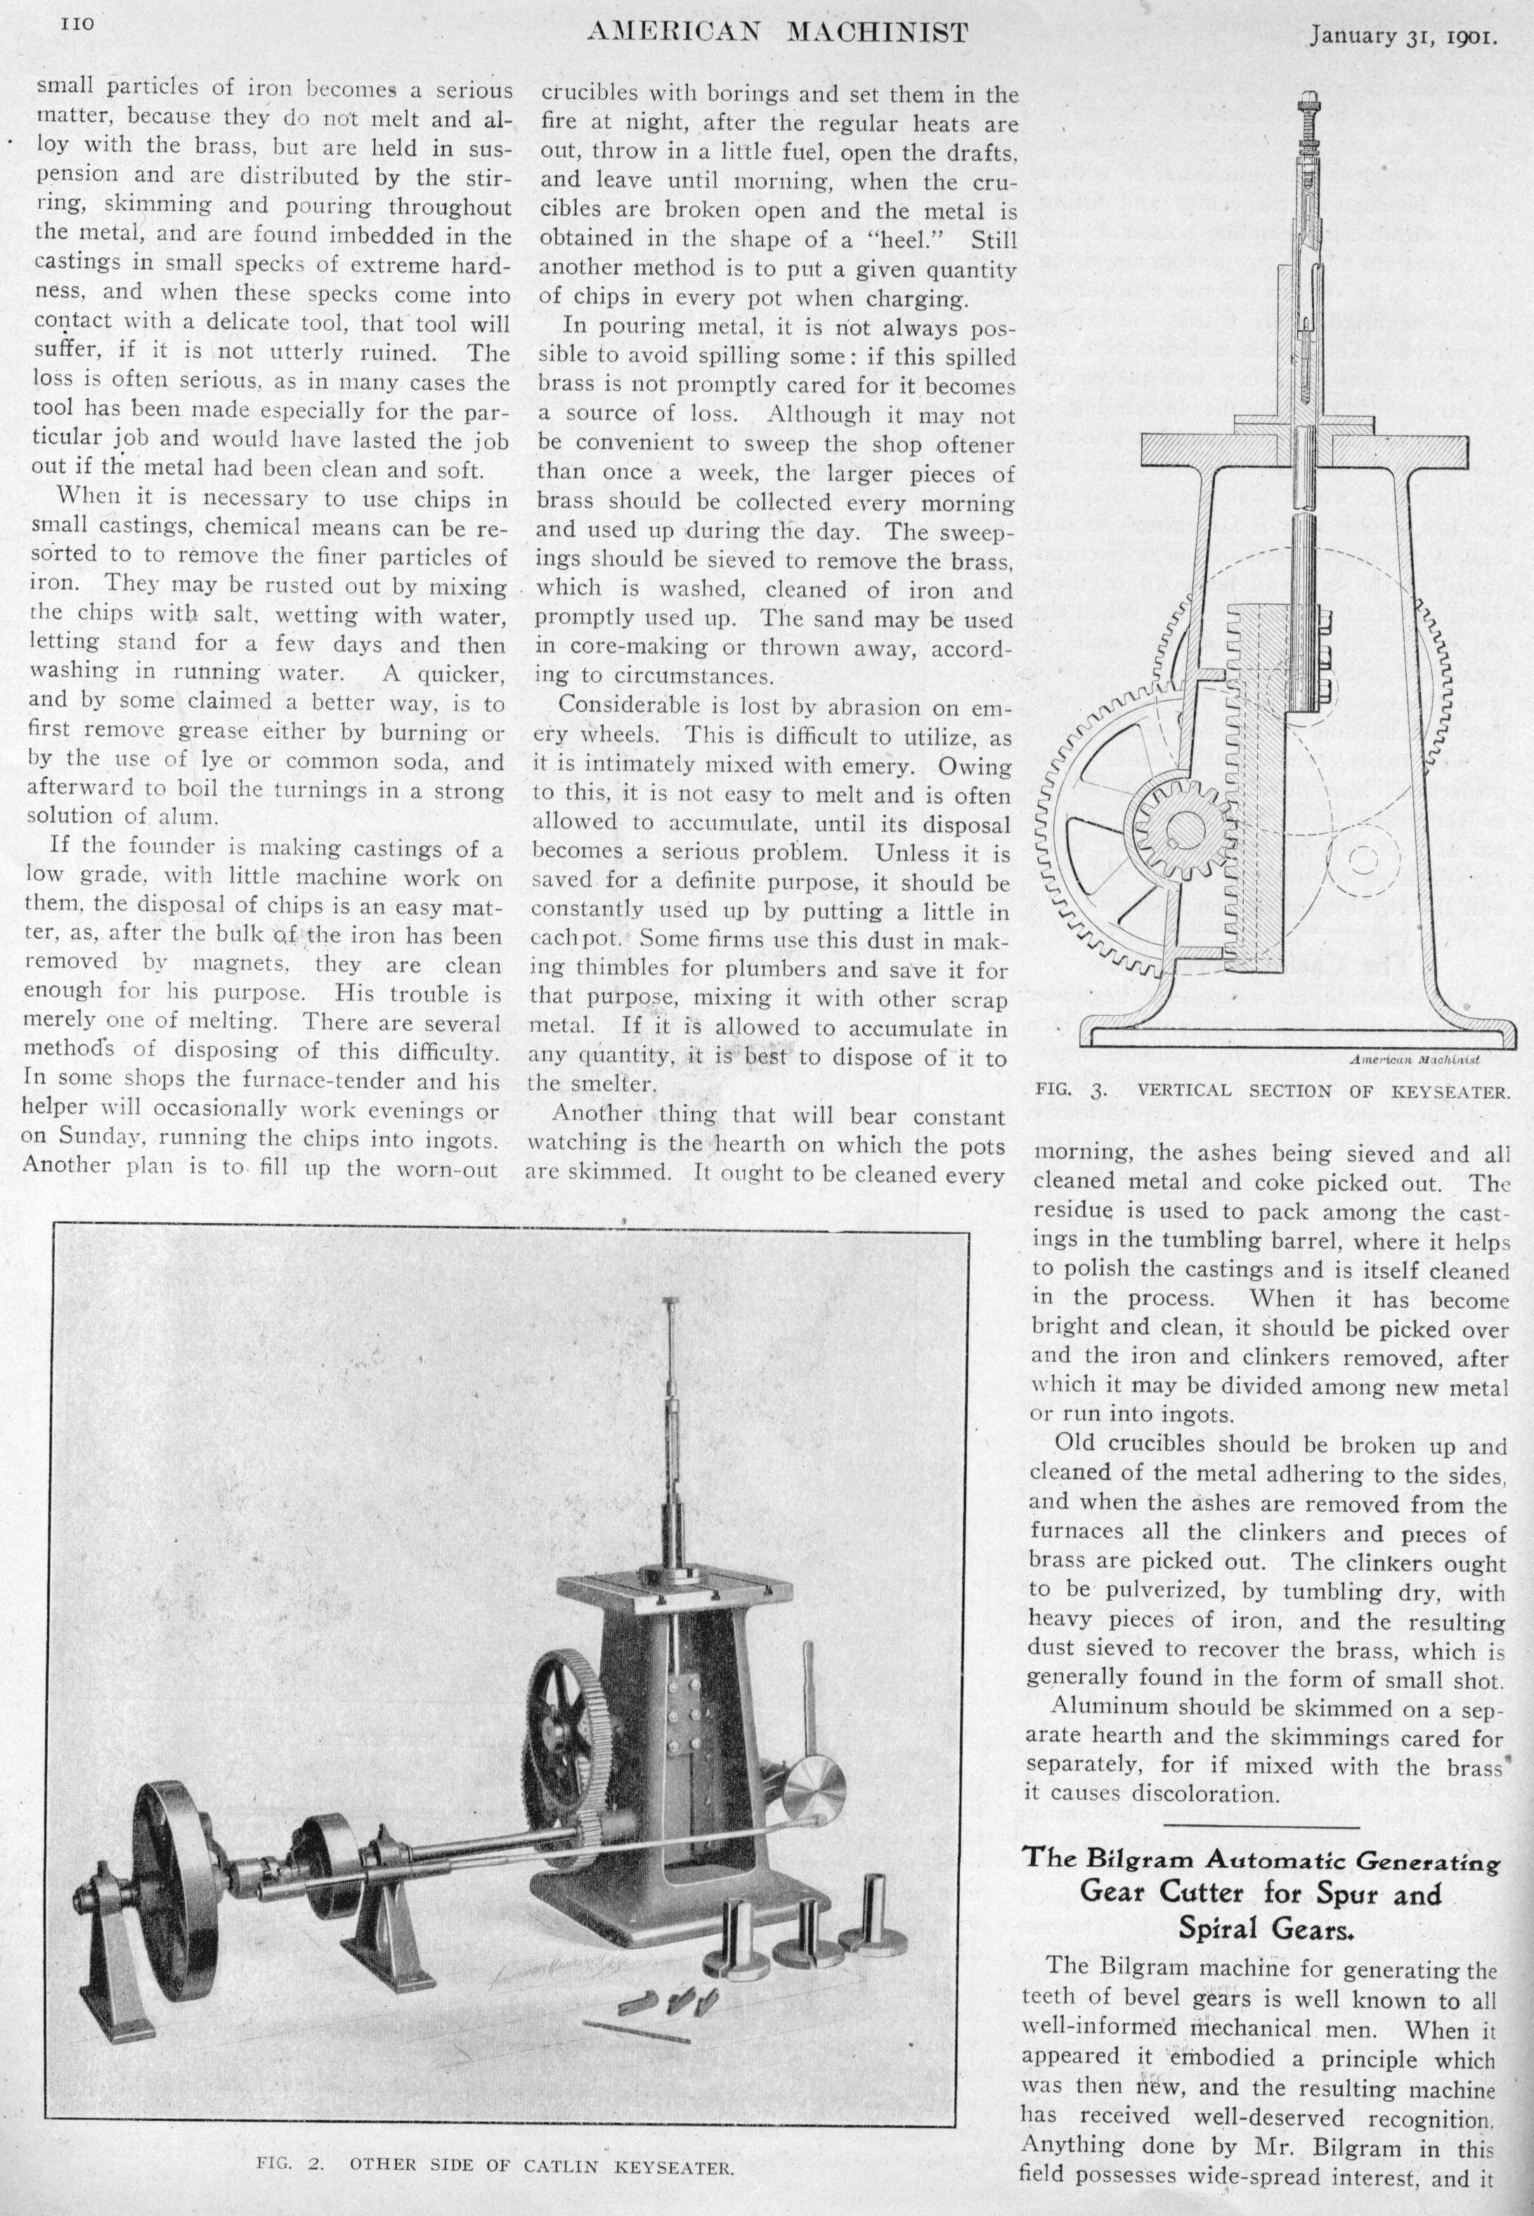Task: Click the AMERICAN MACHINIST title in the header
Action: point(776,34)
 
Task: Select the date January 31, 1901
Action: point(1403,37)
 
